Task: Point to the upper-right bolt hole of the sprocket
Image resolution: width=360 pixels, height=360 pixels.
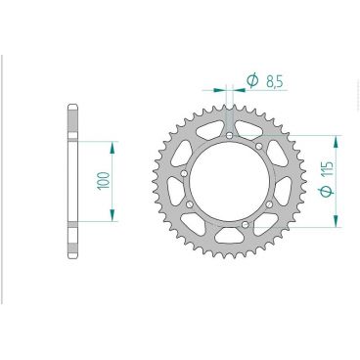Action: click(x=258, y=148)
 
